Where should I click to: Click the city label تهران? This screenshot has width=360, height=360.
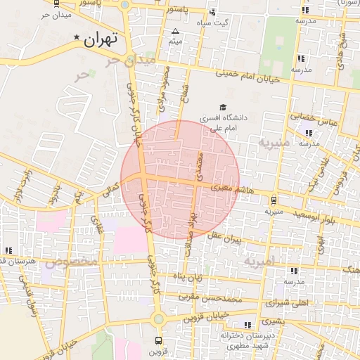(98, 40)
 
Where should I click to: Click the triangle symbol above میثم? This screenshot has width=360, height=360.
(175, 31)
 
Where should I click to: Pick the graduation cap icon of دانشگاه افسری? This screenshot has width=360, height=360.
(212, 107)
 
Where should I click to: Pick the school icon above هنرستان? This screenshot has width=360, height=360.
(8, 250)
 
